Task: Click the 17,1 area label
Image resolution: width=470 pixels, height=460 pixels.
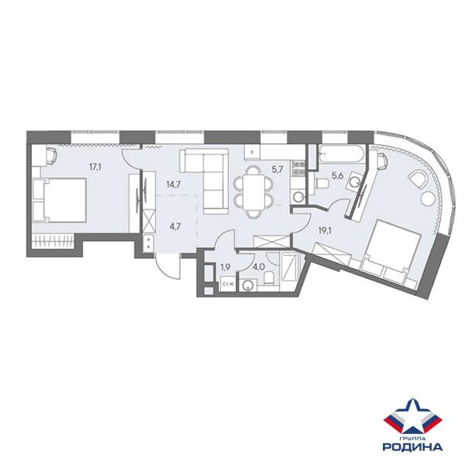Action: tap(96, 167)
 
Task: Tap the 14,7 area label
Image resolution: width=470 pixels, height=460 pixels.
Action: tap(173, 184)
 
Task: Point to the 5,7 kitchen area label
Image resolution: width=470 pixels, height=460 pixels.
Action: tap(275, 170)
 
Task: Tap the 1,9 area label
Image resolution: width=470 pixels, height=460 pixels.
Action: tap(225, 267)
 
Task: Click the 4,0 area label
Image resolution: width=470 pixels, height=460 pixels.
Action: tap(258, 267)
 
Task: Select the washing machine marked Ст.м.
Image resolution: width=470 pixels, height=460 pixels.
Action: tap(228, 284)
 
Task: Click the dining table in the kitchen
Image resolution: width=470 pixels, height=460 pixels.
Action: tap(253, 193)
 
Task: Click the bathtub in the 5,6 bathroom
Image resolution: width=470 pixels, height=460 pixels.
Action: tap(341, 154)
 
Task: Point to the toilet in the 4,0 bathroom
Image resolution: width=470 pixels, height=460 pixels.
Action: tap(269, 278)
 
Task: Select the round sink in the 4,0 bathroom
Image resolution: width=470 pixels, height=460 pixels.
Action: tap(248, 285)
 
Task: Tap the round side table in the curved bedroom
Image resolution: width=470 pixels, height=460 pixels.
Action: tap(428, 199)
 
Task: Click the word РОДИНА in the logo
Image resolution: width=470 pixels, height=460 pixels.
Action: tap(413, 447)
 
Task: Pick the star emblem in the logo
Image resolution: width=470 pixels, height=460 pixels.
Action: tap(413, 417)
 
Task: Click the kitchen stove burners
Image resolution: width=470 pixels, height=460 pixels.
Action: tap(298, 168)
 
